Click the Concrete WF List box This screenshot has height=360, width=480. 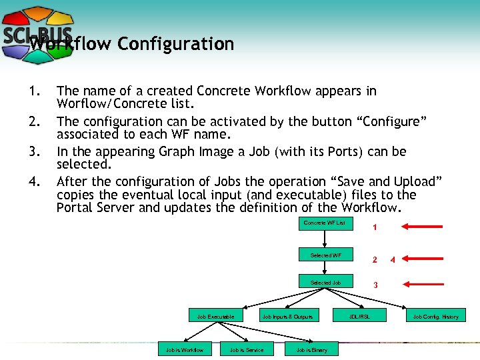tap(324, 223)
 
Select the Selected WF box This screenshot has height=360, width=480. tap(325, 255)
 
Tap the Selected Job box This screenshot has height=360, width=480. tap(325, 283)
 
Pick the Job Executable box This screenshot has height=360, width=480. tap(211, 316)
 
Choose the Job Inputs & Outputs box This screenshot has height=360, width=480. tap(287, 316)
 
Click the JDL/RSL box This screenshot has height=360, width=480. tap(360, 316)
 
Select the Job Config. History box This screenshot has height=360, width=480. tap(436, 316)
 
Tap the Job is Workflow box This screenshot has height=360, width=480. tap(184, 349)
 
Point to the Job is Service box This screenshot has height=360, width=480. tap(247, 349)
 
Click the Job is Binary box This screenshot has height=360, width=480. tap(311, 349)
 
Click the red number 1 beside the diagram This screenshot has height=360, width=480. tap(375, 228)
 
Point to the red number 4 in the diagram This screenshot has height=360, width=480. tap(393, 259)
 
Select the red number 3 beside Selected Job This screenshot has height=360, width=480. tap(375, 285)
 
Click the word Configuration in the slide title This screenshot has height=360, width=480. tap(176, 44)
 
